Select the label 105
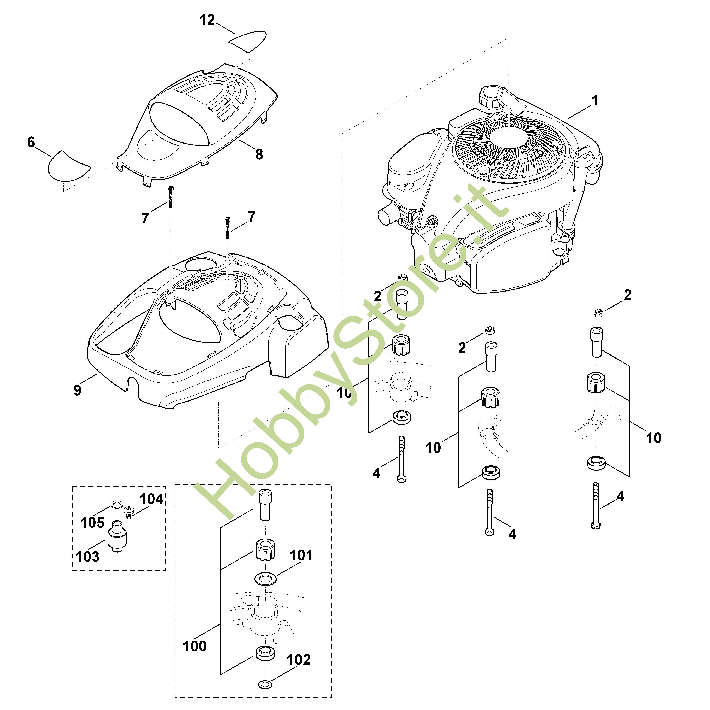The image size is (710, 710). point(93,523)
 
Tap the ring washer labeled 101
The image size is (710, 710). point(264,580)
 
